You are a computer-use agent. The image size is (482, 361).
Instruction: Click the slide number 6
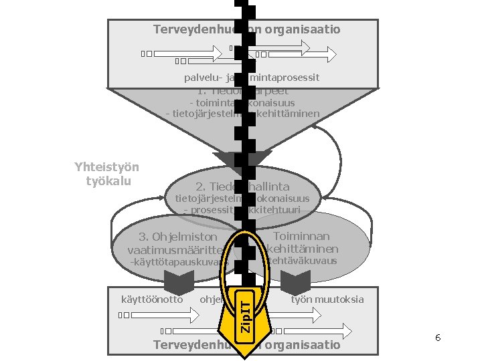pos(437,338)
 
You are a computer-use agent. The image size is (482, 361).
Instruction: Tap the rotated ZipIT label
pos(246,316)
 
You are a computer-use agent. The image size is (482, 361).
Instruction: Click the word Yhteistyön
pos(107,168)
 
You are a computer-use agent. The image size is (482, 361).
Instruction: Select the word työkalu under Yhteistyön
pos(107,181)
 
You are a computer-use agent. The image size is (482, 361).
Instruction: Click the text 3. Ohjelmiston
pos(178,237)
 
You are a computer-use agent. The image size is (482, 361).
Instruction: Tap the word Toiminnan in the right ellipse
pos(301,236)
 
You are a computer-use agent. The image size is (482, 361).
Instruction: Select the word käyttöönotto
pos(153,299)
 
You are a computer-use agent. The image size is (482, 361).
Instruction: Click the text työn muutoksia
pos(327,299)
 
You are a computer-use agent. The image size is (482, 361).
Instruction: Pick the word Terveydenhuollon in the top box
pos(194,29)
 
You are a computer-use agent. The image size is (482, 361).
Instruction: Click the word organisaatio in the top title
pos(303,29)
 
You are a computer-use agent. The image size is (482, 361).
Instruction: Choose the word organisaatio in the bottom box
pos(303,345)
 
